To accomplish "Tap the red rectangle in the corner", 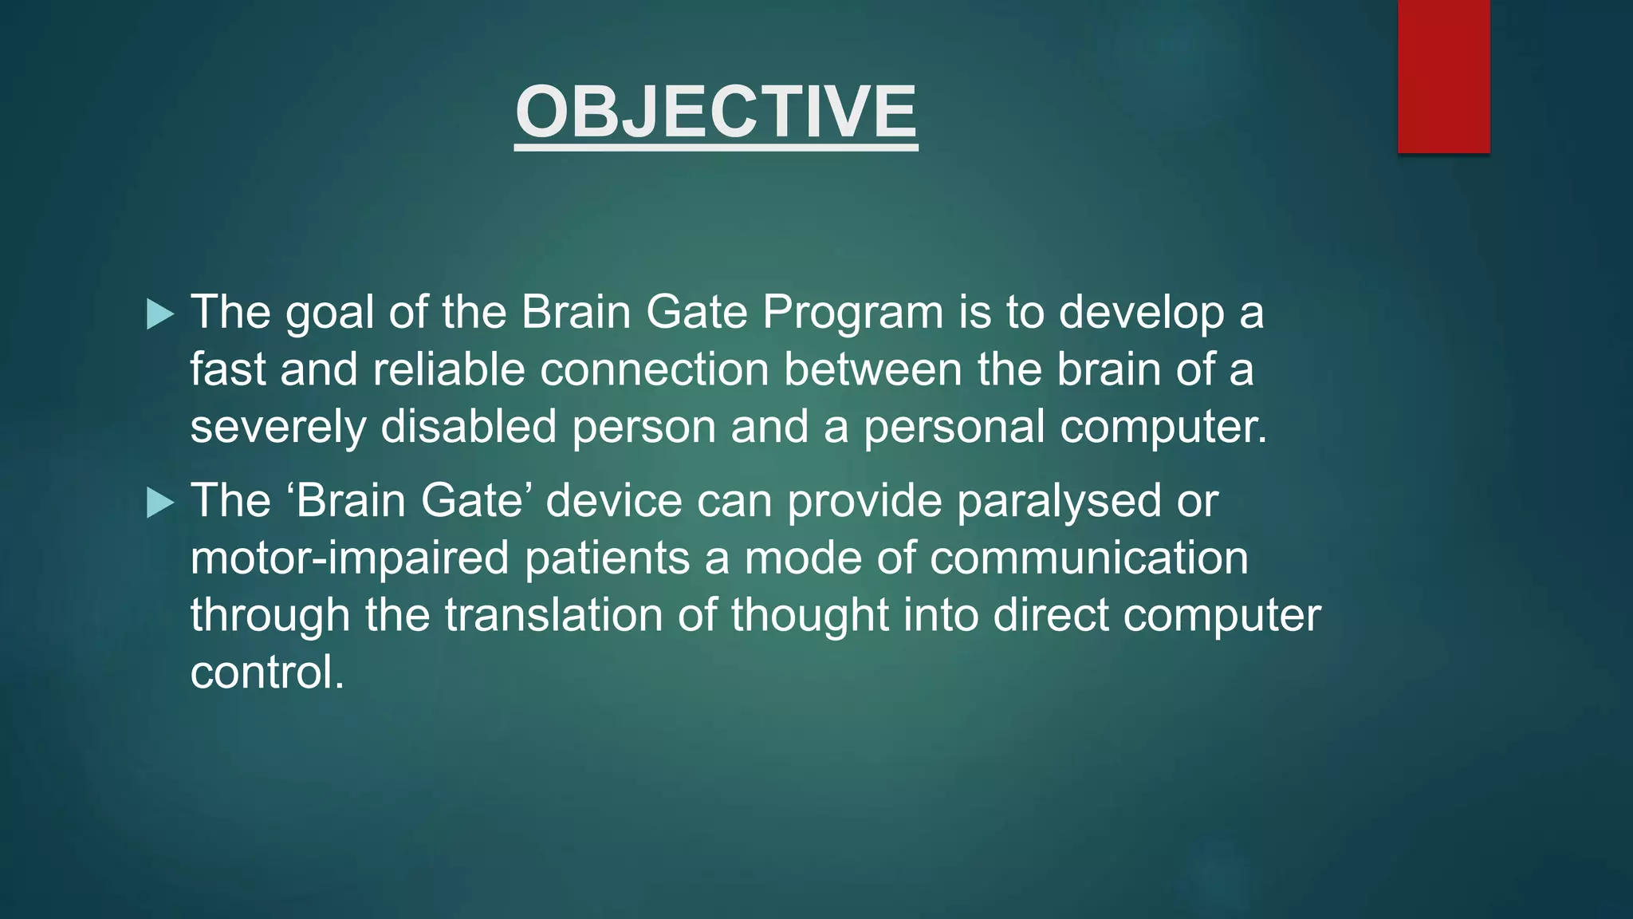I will pos(1443,76).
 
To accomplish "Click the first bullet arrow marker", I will pos(160,314).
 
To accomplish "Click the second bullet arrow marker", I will pos(160,503).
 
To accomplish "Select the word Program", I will pos(852,313).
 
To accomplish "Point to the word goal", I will pos(329,313).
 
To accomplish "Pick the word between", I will pos(872,370).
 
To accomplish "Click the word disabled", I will pos(468,426).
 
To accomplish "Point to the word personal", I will pos(954,428).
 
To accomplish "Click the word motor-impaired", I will pos(349,558).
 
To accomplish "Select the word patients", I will pos(607,558).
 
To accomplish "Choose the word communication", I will pos(1089,558).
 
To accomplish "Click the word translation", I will pos(553,616).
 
